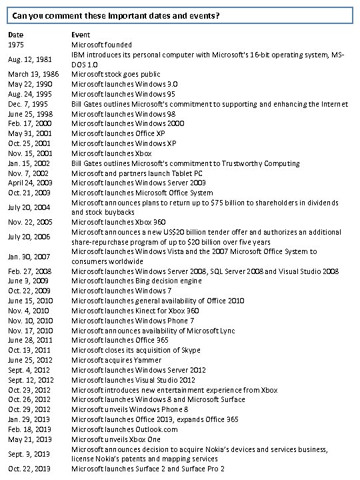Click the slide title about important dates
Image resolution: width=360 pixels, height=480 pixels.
click(x=121, y=15)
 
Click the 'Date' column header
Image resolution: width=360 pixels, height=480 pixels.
click(x=15, y=34)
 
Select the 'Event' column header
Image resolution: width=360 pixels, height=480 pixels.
click(x=81, y=34)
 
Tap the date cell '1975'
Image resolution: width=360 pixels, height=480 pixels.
click(x=17, y=45)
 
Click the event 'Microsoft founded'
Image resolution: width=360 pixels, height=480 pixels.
click(x=101, y=45)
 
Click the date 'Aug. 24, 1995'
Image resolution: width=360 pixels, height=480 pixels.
click(x=29, y=94)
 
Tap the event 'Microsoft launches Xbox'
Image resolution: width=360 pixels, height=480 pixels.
click(x=109, y=153)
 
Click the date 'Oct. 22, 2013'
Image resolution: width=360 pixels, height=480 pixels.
click(x=29, y=469)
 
